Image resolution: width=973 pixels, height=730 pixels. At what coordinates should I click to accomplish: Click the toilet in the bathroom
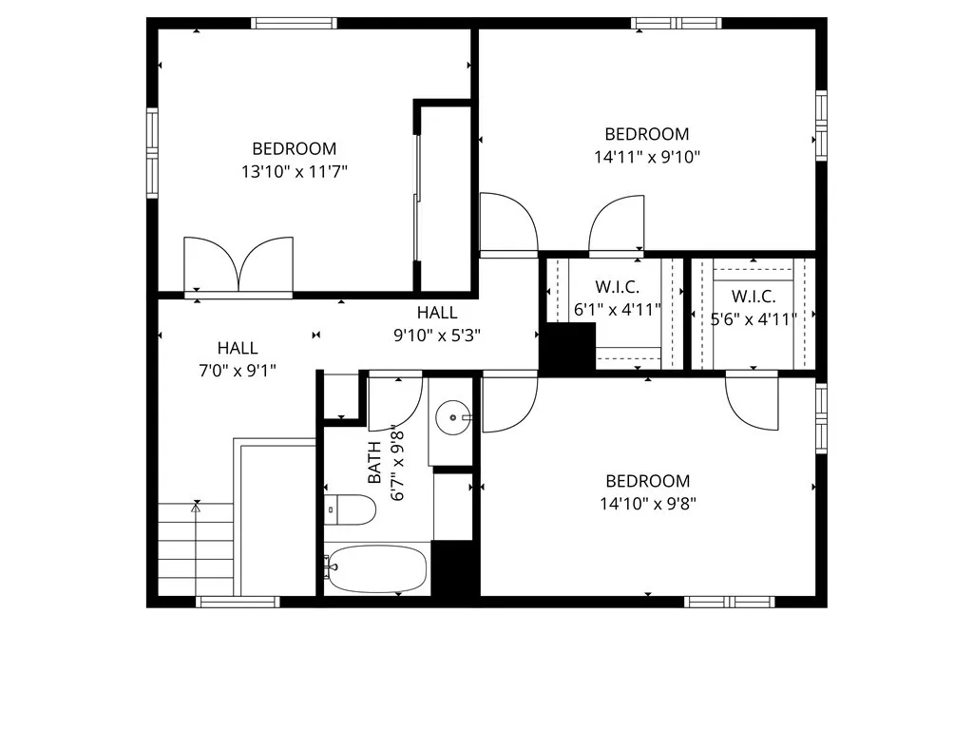pos(351,509)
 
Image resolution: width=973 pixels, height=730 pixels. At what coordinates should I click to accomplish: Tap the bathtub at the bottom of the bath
pos(376,568)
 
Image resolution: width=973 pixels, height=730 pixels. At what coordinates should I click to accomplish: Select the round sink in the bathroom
pos(452,416)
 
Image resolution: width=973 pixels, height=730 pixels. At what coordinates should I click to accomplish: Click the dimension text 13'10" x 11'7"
pos(294,172)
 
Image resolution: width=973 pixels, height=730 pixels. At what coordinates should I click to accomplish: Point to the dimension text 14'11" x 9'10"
pos(647,157)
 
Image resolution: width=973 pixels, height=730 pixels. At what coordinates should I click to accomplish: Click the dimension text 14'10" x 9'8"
pos(648,504)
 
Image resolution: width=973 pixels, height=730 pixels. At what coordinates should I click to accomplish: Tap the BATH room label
pos(374,461)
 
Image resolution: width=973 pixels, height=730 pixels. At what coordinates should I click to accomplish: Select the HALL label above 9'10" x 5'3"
pos(437,313)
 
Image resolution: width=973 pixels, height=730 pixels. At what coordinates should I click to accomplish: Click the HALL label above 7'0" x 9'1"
pos(237,349)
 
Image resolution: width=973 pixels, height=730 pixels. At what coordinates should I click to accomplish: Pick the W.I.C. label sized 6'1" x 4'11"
pos(617,287)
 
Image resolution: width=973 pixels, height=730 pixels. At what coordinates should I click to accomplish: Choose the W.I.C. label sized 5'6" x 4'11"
pos(754,297)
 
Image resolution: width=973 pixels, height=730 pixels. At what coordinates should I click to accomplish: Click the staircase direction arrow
pos(197,508)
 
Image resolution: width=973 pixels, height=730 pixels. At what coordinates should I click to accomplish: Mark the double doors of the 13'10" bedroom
pos(238,266)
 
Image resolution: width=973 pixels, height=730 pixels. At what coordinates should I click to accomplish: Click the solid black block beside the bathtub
pos(452,567)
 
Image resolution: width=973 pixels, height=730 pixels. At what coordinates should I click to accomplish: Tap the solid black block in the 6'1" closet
pos(568,347)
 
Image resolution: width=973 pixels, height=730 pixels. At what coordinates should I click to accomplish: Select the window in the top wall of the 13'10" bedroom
pos(294,24)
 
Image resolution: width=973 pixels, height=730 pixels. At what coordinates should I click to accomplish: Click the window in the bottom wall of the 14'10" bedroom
pos(730,602)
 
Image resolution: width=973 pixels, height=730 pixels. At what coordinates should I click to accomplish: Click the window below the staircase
pos(238,602)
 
